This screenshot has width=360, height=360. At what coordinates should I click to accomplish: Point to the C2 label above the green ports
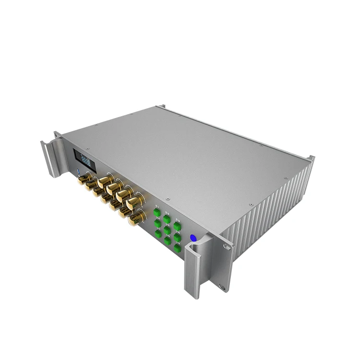tap(167, 212)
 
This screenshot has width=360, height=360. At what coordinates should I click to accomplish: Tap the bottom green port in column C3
tap(177, 248)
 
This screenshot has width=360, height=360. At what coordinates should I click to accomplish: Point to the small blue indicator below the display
tap(78, 170)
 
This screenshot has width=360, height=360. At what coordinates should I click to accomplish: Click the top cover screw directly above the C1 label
tap(168, 199)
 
